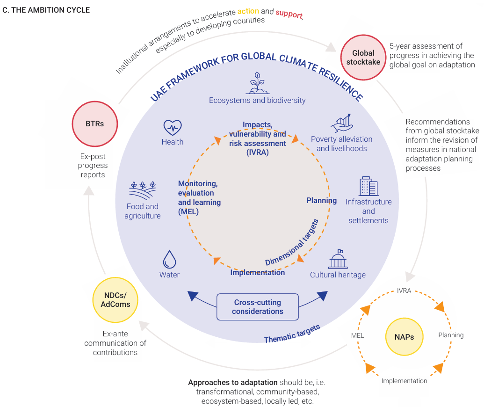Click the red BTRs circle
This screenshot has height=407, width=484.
(95, 124)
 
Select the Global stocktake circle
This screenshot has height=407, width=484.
(363, 58)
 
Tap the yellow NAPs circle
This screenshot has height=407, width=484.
(405, 336)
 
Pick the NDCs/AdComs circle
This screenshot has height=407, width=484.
(116, 300)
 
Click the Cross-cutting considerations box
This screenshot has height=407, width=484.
(258, 307)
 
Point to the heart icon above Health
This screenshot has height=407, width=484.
(173, 128)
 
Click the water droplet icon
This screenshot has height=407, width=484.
(169, 259)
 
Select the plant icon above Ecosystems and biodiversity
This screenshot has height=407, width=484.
(258, 83)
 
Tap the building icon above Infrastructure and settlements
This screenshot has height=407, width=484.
(368, 186)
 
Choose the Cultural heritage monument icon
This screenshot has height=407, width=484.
(338, 259)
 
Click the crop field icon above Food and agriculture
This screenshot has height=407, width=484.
(143, 191)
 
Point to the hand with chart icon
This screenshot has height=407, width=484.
(342, 123)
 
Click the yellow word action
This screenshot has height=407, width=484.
(248, 11)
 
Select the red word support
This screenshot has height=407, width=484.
(289, 14)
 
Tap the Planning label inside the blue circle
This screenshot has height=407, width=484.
(321, 201)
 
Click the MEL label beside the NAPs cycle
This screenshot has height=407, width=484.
(357, 336)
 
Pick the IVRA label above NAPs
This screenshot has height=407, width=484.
(404, 291)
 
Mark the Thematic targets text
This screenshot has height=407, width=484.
(292, 334)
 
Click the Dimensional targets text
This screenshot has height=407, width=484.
(292, 243)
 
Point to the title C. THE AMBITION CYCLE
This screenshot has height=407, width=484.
(46, 10)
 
